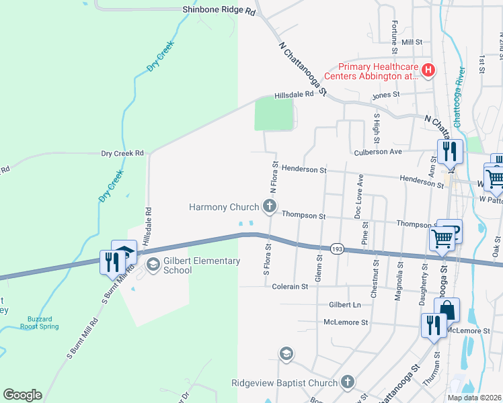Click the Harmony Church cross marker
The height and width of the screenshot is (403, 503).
click(270, 206)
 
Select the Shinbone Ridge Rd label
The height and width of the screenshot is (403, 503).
click(219, 11)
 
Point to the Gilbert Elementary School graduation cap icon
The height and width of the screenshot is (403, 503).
click(153, 265)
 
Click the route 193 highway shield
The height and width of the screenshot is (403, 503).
click(338, 249)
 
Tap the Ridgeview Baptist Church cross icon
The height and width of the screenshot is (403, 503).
click(347, 383)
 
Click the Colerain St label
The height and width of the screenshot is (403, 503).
click(290, 286)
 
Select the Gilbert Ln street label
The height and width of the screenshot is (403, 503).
click(345, 304)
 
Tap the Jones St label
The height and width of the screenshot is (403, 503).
click(386, 95)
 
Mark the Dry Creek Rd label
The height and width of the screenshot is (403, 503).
click(122, 153)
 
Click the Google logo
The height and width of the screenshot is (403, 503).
click(22, 394)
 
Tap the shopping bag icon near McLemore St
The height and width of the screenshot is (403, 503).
click(447, 311)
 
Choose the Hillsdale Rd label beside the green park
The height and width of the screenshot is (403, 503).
click(293, 95)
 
